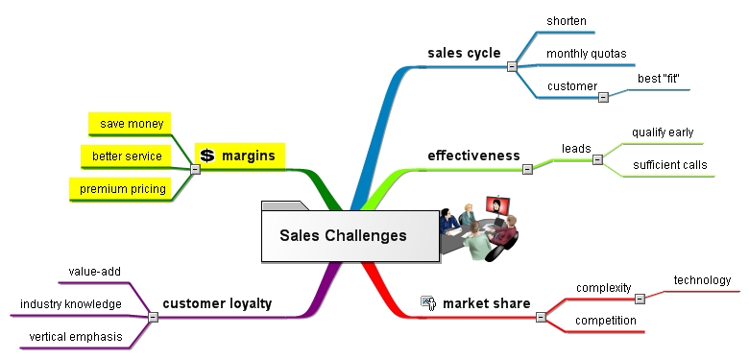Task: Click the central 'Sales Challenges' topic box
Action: click(x=350, y=236)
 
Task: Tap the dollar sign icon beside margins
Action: click(x=206, y=156)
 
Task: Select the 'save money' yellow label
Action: click(x=132, y=124)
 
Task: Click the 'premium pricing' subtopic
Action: click(x=123, y=189)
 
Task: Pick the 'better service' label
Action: click(x=127, y=156)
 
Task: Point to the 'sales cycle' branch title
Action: click(x=464, y=53)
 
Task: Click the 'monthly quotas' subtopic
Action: click(x=586, y=54)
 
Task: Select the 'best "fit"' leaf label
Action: click(x=658, y=79)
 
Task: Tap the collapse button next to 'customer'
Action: click(x=603, y=97)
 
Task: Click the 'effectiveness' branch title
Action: click(x=473, y=156)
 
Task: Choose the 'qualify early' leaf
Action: click(x=663, y=132)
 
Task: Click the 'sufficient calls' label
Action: click(x=669, y=165)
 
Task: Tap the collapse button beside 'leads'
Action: click(x=597, y=160)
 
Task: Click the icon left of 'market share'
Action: click(x=428, y=303)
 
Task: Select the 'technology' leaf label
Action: click(x=702, y=280)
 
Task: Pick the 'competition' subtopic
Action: click(x=606, y=321)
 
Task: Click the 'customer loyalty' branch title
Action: click(x=217, y=303)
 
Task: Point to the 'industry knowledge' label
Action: click(x=71, y=304)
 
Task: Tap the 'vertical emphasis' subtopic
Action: click(x=76, y=337)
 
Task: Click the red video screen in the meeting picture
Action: click(x=497, y=205)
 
